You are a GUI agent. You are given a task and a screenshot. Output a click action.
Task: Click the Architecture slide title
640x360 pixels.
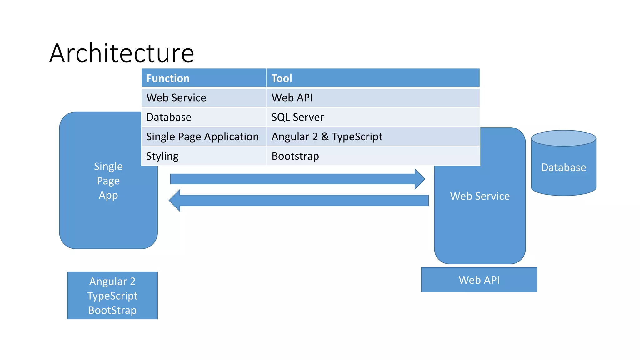(x=122, y=53)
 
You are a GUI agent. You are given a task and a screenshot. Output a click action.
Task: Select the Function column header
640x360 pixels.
(x=168, y=78)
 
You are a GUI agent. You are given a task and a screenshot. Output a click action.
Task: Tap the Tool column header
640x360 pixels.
(x=282, y=78)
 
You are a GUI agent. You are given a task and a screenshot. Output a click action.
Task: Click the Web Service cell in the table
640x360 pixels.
(x=176, y=98)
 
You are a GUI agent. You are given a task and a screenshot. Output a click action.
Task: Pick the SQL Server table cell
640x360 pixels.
(x=297, y=117)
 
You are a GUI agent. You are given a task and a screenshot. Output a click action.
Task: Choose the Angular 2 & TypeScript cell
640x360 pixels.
(x=327, y=137)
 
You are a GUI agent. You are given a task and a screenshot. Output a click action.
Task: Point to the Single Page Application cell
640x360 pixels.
(x=202, y=137)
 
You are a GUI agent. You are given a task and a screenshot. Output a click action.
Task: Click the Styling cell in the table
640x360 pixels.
(x=162, y=156)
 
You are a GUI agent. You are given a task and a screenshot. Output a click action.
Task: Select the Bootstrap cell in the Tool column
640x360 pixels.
(x=295, y=156)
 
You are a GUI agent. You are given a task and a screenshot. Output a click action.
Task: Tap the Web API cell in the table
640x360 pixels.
(x=292, y=98)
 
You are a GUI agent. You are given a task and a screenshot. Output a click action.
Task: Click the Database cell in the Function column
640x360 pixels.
(x=169, y=117)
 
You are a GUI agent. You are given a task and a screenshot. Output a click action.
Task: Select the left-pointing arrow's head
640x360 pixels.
(x=175, y=201)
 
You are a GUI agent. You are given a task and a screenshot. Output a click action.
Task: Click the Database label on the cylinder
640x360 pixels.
(x=563, y=167)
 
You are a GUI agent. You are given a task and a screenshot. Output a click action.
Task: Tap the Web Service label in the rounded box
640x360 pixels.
(x=480, y=196)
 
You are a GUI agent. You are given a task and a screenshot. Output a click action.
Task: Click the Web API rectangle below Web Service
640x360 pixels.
(x=479, y=280)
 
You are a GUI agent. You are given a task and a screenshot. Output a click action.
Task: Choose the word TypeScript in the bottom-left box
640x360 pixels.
(x=112, y=296)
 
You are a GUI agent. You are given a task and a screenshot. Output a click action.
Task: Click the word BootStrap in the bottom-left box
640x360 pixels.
(x=112, y=310)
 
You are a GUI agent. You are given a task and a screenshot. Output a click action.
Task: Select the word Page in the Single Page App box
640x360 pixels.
(x=108, y=181)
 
